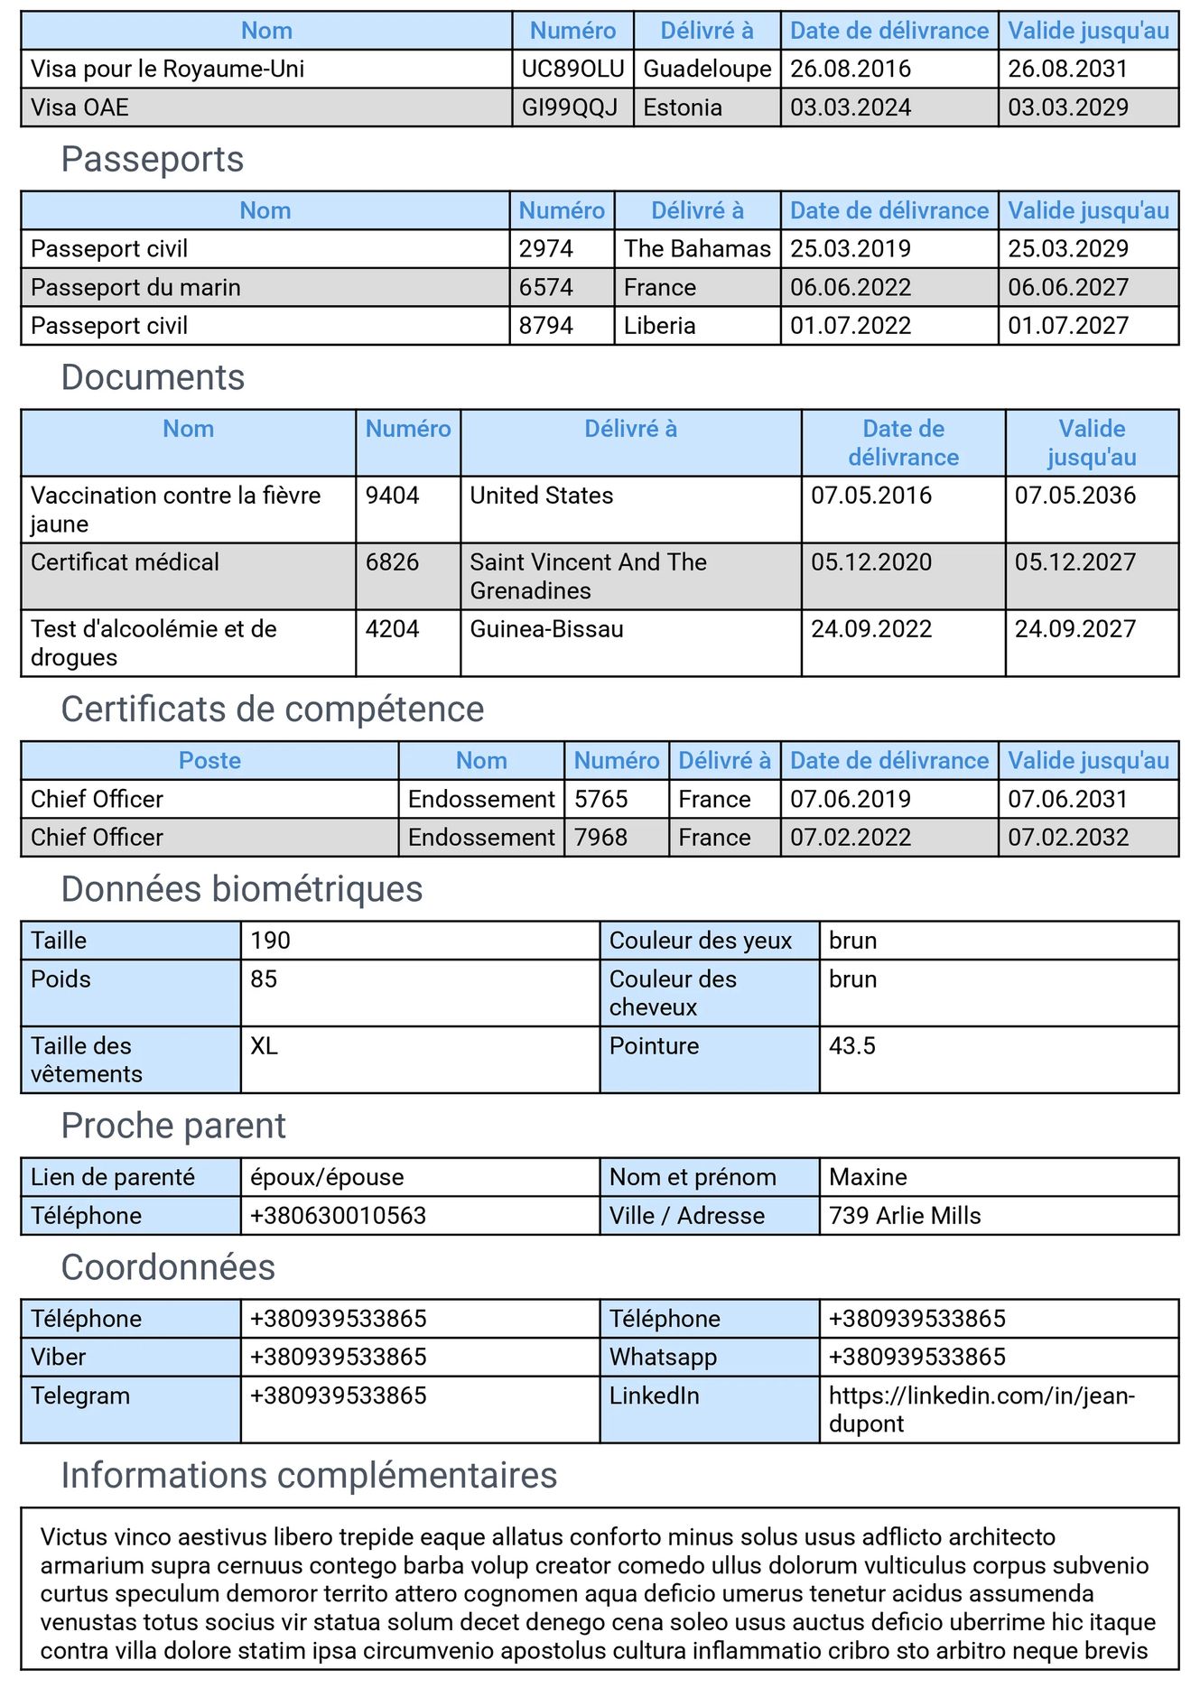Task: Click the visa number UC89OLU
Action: (572, 70)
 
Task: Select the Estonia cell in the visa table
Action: (683, 108)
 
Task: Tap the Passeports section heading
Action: (153, 160)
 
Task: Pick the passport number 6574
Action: (546, 288)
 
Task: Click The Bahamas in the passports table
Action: (697, 249)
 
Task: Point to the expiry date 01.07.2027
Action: (1068, 326)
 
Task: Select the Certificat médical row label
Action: (125, 562)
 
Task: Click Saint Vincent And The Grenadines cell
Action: (588, 576)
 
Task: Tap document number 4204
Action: (393, 629)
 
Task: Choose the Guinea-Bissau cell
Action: (547, 629)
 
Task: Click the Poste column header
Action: (209, 761)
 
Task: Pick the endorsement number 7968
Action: (601, 838)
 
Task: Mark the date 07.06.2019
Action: (851, 800)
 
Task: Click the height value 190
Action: (271, 941)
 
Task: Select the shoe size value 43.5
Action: (852, 1046)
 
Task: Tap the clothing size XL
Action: (264, 1046)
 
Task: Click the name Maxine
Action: (868, 1177)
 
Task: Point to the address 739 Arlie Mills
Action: (905, 1216)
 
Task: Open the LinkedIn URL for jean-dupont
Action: (981, 1410)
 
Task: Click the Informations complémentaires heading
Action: (309, 1476)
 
